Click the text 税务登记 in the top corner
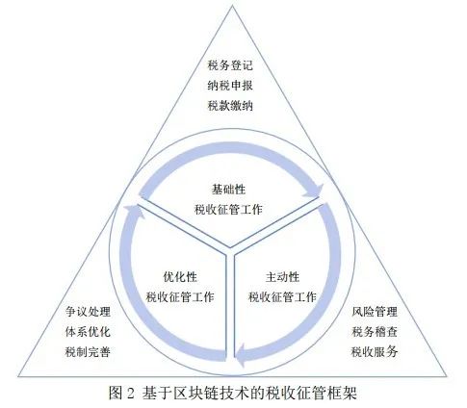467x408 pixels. (x=230, y=65)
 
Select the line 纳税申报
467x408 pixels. (x=230, y=86)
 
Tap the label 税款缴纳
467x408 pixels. (x=230, y=106)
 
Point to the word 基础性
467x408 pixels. (x=228, y=190)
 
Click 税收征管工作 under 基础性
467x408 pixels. (x=228, y=210)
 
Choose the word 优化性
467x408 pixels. (x=180, y=277)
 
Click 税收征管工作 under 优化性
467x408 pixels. (x=180, y=297)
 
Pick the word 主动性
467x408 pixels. (x=282, y=277)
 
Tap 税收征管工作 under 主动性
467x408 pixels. (x=282, y=297)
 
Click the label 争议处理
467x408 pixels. (x=88, y=312)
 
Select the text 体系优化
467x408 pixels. (x=88, y=332)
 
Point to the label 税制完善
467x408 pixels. (x=88, y=352)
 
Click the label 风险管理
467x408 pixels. (x=375, y=312)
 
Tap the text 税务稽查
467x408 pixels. (x=375, y=332)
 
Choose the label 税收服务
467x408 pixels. (x=375, y=352)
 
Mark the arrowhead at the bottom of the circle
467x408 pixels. (x=241, y=355)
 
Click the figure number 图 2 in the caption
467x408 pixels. (x=121, y=393)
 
